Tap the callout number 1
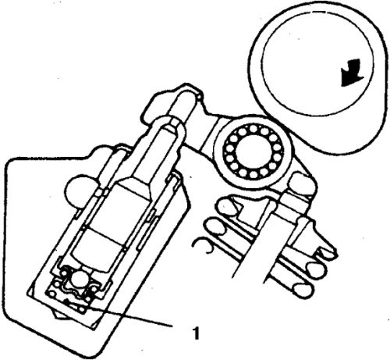[197, 333]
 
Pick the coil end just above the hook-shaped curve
[214, 226]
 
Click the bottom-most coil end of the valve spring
[302, 290]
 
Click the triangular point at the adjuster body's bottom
[58, 315]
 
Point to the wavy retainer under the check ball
[77, 291]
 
